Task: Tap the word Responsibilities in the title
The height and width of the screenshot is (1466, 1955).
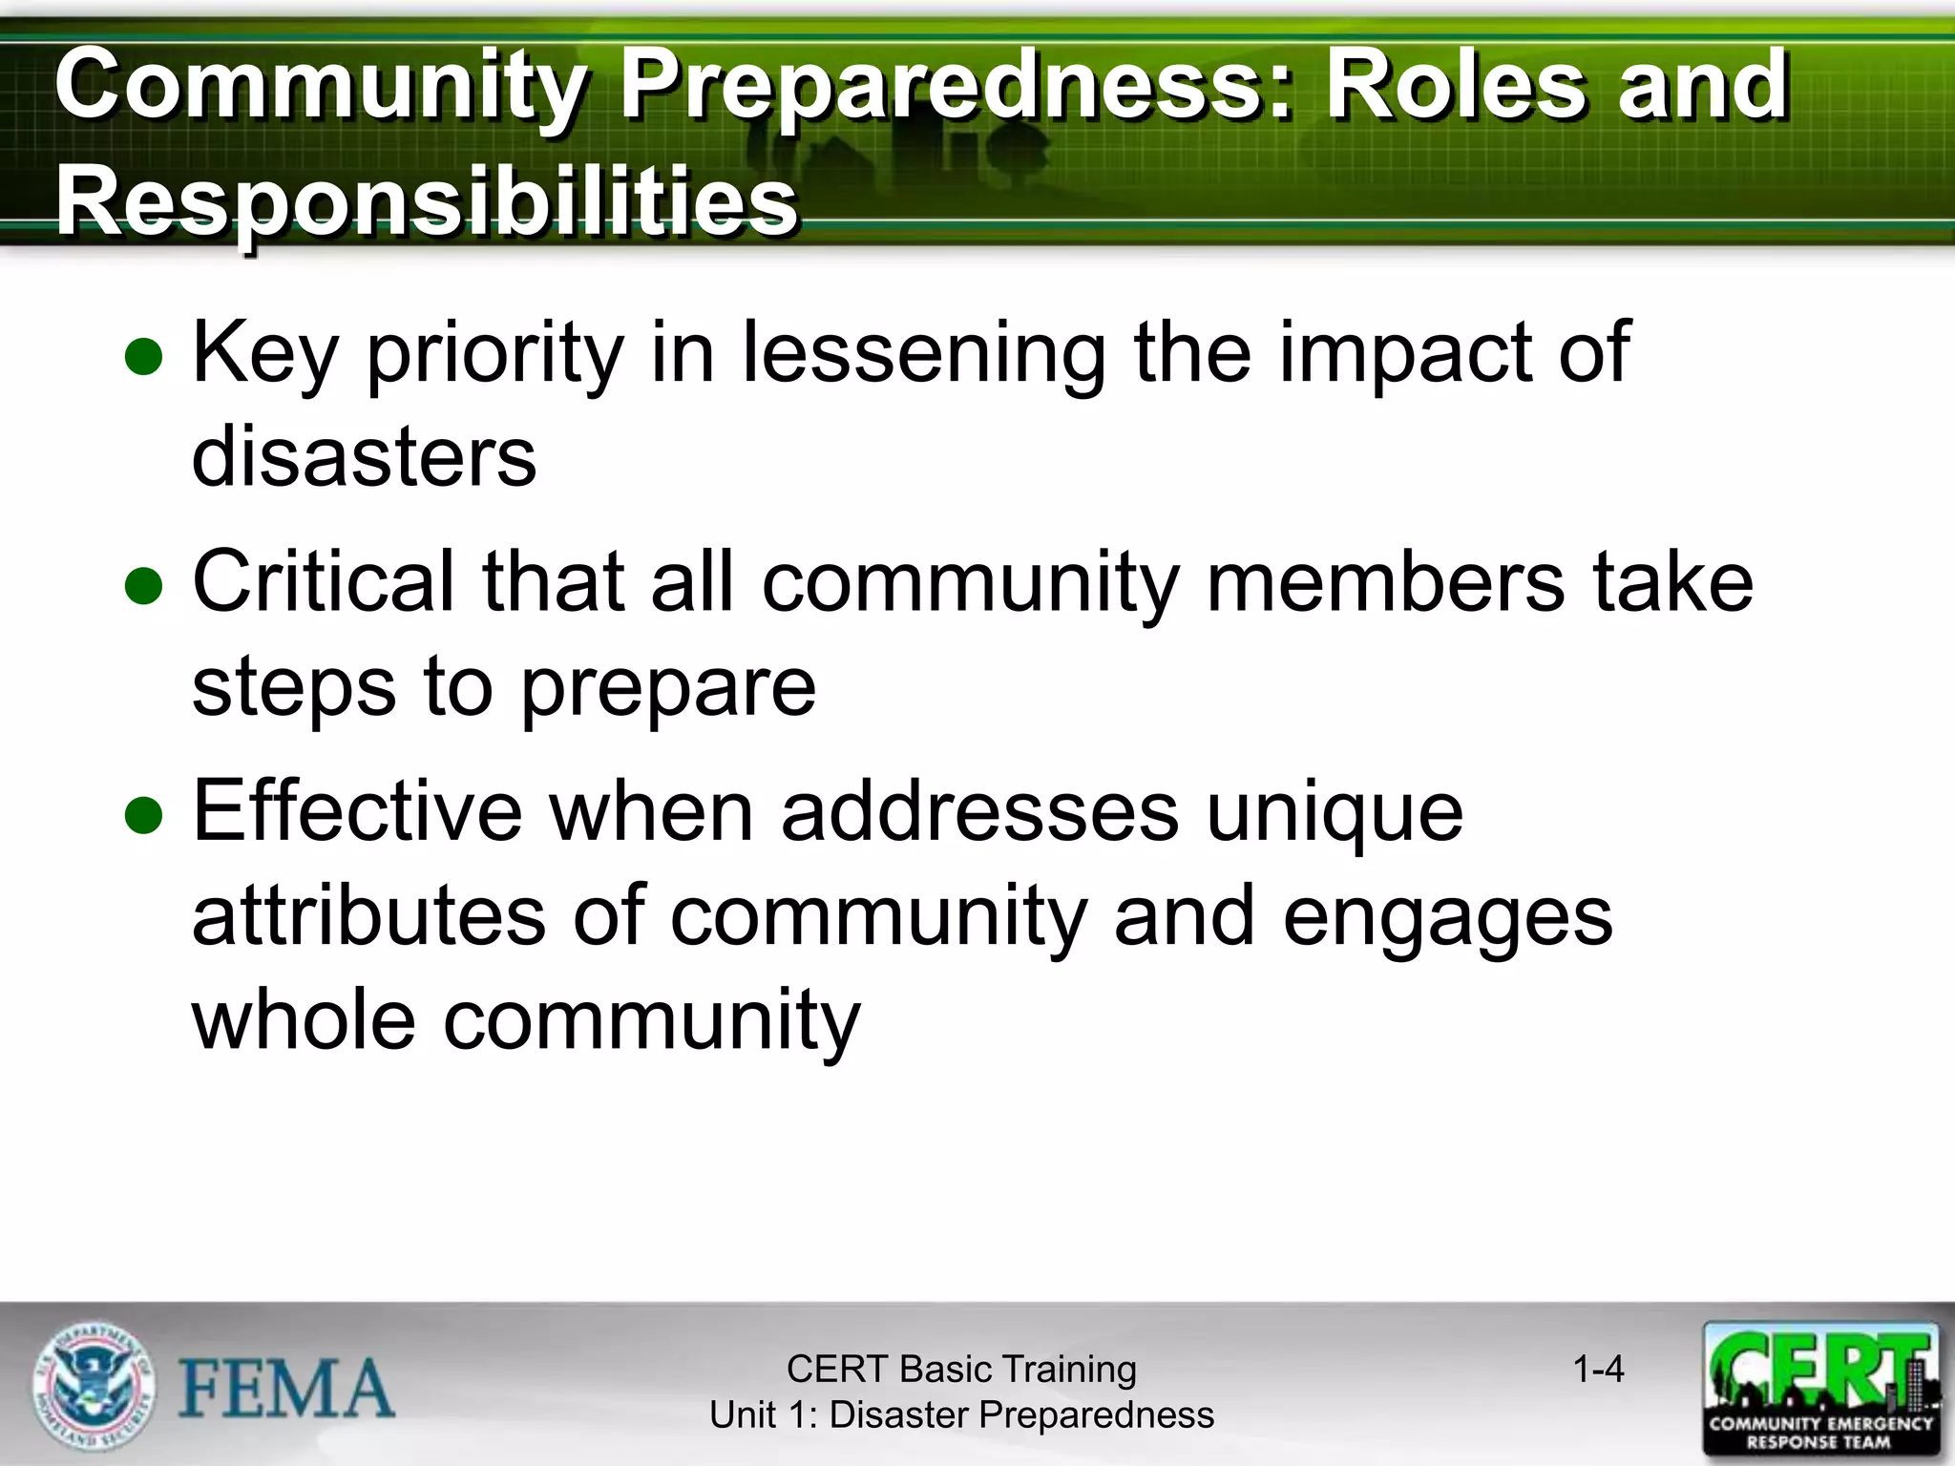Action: click(427, 200)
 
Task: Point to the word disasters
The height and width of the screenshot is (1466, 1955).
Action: click(364, 456)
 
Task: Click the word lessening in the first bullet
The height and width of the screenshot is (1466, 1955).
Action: click(923, 353)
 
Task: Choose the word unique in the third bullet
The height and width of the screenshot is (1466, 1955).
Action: click(1334, 813)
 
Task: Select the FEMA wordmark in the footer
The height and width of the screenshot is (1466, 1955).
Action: click(286, 1389)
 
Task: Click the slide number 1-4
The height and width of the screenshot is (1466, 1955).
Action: click(1598, 1370)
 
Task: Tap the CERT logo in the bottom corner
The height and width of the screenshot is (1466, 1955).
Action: click(1820, 1389)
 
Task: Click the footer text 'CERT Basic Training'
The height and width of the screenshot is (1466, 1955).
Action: click(961, 1370)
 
